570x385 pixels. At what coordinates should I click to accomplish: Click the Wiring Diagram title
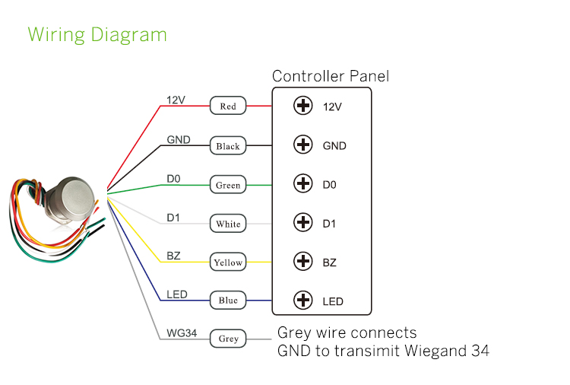97,34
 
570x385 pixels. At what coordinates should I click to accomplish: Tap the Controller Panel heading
331,76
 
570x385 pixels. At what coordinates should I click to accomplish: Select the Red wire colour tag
228,107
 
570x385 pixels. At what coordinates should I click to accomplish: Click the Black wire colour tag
228,146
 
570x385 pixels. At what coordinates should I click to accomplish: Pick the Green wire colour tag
228,185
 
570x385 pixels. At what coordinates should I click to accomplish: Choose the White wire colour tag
228,224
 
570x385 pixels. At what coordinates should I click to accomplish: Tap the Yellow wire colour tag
228,262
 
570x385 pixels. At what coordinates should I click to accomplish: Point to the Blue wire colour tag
228,301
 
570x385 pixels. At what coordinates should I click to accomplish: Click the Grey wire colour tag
228,339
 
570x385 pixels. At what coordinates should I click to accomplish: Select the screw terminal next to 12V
303,106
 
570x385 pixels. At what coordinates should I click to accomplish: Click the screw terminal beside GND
303,145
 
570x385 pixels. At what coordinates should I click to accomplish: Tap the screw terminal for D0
303,183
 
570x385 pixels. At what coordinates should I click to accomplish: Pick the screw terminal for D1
303,222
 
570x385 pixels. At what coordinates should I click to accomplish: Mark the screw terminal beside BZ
303,261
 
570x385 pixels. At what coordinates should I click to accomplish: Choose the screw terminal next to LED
303,300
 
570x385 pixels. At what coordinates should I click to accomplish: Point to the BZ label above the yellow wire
173,256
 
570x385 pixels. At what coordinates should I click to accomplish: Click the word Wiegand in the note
422,351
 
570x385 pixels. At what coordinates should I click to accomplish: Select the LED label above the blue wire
176,294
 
